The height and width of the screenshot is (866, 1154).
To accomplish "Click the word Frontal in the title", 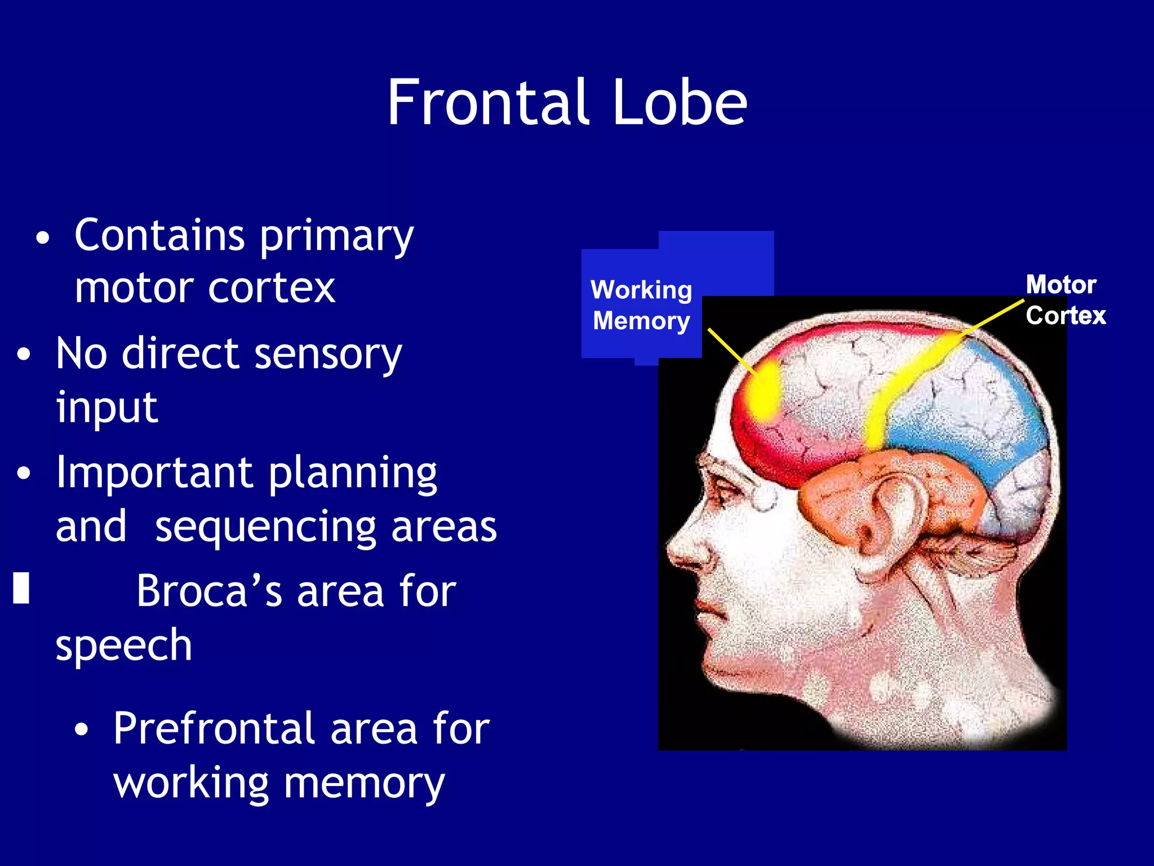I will tap(487, 103).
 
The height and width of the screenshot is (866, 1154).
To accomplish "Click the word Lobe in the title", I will tap(680, 103).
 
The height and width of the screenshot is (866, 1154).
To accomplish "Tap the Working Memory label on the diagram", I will tap(641, 305).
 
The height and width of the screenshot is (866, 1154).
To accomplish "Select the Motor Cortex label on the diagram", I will tap(1064, 300).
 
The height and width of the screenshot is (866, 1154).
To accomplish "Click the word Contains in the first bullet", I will tap(159, 235).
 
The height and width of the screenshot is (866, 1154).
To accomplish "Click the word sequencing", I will tap(265, 527).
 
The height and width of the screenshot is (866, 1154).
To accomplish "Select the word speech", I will tap(124, 646).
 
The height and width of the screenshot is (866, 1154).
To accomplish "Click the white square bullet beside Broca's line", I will tap(21, 588).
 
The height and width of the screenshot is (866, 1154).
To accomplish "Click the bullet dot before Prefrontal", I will tap(82, 730).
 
